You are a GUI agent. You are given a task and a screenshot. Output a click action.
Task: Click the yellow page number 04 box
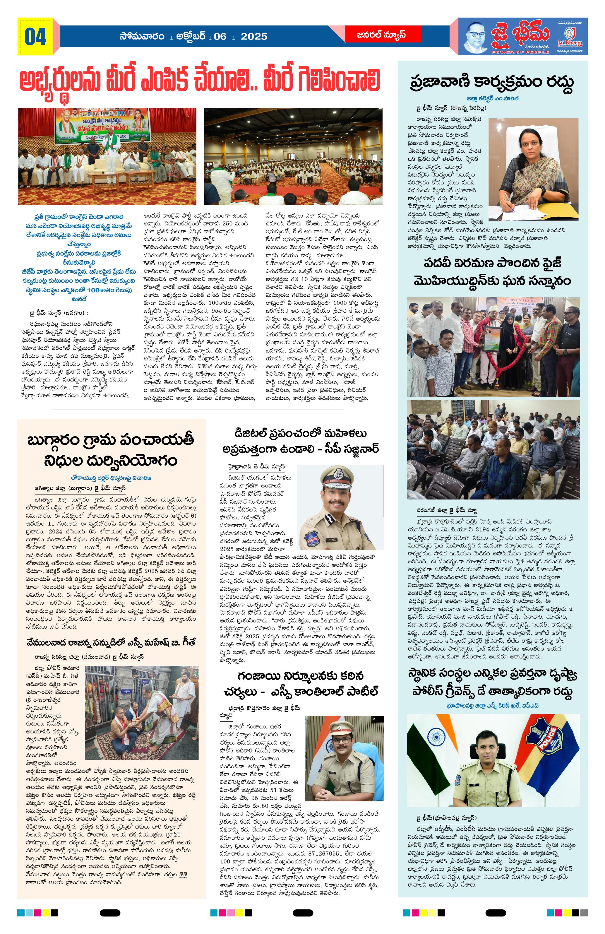tap(35, 37)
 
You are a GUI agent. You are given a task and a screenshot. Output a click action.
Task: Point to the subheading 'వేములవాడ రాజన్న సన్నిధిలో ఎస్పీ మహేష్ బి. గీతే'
tap(111, 642)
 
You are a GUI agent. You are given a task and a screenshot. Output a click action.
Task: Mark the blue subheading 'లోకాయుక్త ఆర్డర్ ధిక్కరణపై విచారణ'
tap(111, 478)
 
